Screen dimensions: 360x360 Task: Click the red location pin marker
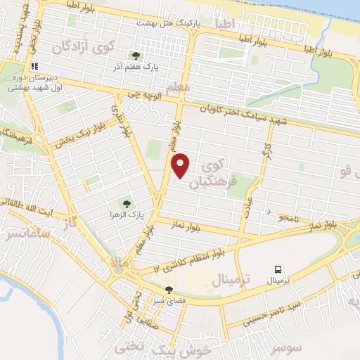[181, 165]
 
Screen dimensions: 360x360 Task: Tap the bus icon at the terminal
[279, 269]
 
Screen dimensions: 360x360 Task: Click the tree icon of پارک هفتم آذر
[136, 56]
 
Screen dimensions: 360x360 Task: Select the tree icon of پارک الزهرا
[127, 203]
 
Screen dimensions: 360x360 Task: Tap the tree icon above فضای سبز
[168, 289]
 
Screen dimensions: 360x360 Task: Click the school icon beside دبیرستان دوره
[34, 66]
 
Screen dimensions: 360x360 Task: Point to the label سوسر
[287, 347]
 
